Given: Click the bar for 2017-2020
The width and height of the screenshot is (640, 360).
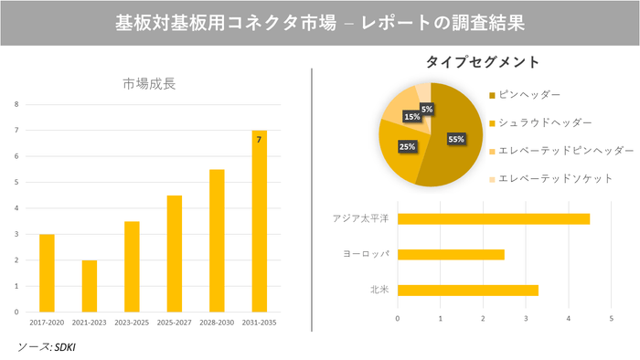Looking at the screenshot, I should pyautogui.click(x=47, y=272).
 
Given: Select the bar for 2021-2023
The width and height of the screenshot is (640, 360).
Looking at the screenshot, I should pyautogui.click(x=89, y=285).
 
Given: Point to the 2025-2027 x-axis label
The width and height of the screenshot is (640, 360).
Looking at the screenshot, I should pyautogui.click(x=174, y=323).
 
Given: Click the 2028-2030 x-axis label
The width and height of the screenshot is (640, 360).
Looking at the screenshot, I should pyautogui.click(x=217, y=323).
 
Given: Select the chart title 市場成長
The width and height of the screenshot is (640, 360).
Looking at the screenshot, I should pyautogui.click(x=149, y=84).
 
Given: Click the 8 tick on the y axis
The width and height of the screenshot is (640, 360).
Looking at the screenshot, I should pyautogui.click(x=16, y=104).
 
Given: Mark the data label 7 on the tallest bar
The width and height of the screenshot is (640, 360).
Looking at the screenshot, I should pyautogui.click(x=259, y=140).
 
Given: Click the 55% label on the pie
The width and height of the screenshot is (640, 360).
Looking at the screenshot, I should pyautogui.click(x=456, y=139).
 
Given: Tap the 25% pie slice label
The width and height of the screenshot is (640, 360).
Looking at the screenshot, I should pyautogui.click(x=406, y=146).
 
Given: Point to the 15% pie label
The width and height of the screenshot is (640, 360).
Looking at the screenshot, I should pyautogui.click(x=411, y=117).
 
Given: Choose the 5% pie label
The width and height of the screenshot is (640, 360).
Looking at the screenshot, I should pyautogui.click(x=427, y=109).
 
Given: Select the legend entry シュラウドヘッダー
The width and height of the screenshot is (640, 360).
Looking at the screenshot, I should pyautogui.click(x=544, y=122).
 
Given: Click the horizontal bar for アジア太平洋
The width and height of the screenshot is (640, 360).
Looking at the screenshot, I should pyautogui.click(x=494, y=218).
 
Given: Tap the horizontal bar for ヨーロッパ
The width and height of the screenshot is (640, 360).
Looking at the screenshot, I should pyautogui.click(x=451, y=254).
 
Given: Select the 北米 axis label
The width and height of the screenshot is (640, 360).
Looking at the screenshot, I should pyautogui.click(x=378, y=291).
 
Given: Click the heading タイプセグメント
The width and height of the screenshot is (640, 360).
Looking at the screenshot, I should pyautogui.click(x=482, y=62).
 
